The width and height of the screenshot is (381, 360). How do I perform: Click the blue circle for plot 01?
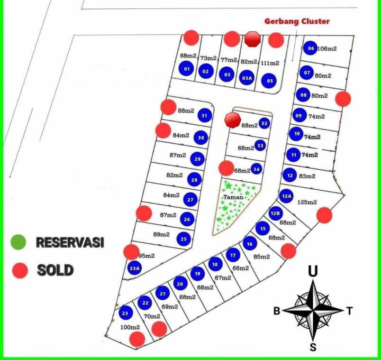pyautogui.click(x=187, y=70)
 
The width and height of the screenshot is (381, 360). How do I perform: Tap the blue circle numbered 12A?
pyautogui.click(x=286, y=195)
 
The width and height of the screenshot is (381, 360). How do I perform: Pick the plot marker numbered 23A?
pyautogui.click(x=135, y=268)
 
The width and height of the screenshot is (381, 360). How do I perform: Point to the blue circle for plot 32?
pyautogui.click(x=264, y=124)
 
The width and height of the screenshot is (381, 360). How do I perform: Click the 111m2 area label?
pyautogui.click(x=270, y=63)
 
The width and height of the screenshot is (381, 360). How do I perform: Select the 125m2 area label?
pyautogui.click(x=307, y=203)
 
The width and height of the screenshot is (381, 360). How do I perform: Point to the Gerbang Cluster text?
pyautogui.click(x=297, y=21)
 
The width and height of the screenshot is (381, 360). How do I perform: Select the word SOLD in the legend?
pyautogui.click(x=55, y=271)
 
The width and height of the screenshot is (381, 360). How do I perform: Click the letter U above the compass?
pyautogui.click(x=313, y=271)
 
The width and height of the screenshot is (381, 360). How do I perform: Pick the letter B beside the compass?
pyautogui.click(x=277, y=311)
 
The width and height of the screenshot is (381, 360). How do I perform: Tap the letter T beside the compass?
pyautogui.click(x=349, y=311)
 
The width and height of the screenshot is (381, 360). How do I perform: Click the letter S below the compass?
pyautogui.click(x=313, y=347)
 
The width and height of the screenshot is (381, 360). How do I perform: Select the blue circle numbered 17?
pyautogui.click(x=232, y=256)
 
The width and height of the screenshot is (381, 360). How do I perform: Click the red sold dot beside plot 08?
pyautogui.click(x=343, y=99)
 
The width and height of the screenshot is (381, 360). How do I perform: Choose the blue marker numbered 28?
pyautogui.click(x=194, y=180)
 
